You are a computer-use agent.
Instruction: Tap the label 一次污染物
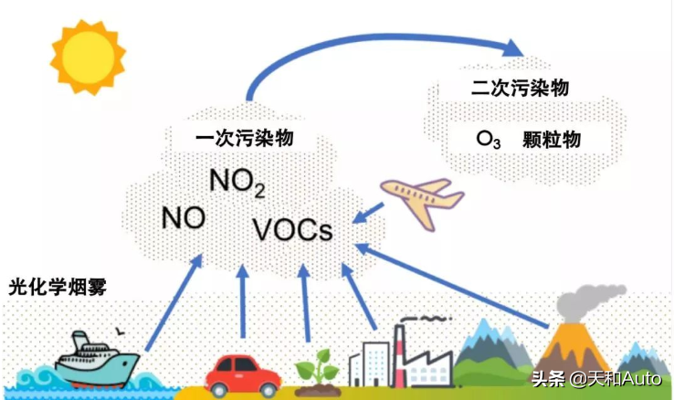point(249,140)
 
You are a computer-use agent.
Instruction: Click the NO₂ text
point(237,183)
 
